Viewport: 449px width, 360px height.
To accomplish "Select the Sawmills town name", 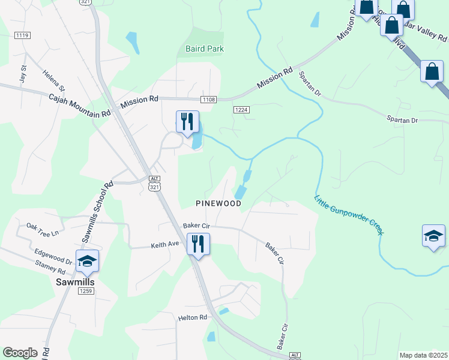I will coord(76,281).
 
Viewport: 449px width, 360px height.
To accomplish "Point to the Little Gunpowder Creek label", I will coord(349,214).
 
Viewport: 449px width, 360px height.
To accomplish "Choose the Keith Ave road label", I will coord(165,245).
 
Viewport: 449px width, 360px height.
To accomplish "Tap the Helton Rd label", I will coord(192,317).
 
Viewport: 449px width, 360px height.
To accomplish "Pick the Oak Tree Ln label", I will coord(43,229).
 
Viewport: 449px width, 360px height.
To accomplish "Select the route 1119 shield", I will coord(22,36).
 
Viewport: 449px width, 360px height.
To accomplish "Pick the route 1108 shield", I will coord(208,99).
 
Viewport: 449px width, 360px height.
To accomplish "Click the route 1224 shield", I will coord(241,109).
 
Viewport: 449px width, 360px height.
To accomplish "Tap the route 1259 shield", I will coord(86,292).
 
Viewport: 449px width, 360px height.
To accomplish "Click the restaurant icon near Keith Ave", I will coord(198,244).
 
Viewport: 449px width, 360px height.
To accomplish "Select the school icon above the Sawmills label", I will coord(87,261).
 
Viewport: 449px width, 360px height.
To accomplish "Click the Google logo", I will coord(20,353).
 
